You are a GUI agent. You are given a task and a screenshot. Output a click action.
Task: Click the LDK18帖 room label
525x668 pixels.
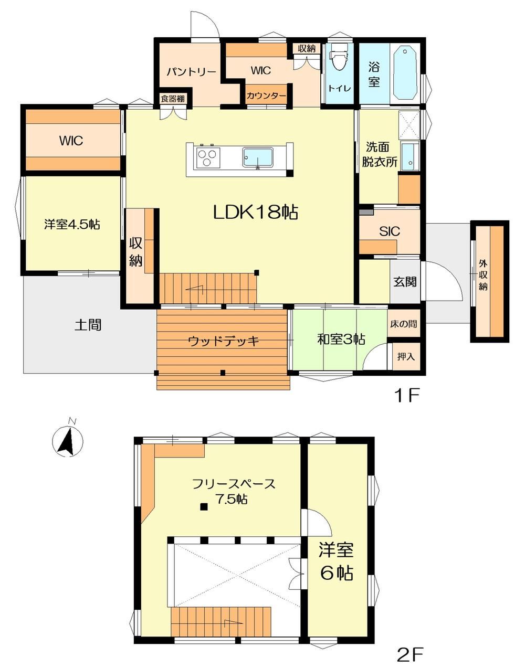point(256,213)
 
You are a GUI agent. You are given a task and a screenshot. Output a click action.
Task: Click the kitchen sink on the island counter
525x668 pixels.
point(258,158)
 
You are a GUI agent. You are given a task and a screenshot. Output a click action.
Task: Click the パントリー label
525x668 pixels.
point(191,72)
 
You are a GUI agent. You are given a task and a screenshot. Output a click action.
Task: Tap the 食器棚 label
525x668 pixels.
point(173,99)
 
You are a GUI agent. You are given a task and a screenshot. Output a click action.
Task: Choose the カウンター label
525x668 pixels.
point(266,96)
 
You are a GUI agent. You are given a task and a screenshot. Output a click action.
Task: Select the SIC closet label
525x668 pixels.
point(390,231)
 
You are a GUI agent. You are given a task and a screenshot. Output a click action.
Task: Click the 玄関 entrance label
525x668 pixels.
point(405,282)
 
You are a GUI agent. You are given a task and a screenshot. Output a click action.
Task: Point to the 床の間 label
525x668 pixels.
point(404,324)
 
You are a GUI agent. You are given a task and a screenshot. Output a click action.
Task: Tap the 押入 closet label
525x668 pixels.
point(406,356)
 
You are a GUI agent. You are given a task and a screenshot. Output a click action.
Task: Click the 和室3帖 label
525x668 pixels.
point(341,340)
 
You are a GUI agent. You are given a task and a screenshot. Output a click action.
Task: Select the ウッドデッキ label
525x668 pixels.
point(224,341)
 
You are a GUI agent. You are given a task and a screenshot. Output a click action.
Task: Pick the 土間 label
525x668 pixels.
point(88,325)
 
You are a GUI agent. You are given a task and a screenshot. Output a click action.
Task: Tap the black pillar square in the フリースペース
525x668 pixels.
point(203,506)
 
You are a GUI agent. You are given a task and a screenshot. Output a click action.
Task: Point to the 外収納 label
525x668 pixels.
point(483,275)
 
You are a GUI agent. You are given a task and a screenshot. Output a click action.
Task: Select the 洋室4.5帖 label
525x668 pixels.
point(72,224)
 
